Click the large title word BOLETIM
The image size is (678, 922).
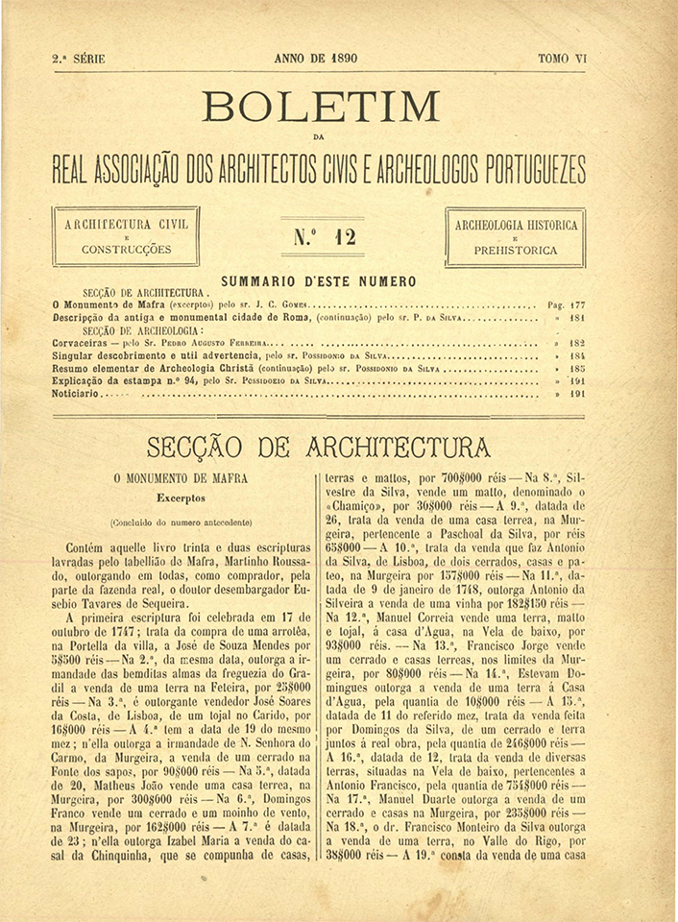click(321, 107)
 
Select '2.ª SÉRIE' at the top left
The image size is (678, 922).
click(79, 59)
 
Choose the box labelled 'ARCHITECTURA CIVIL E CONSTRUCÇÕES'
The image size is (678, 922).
click(126, 236)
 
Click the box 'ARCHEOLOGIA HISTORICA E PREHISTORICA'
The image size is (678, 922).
click(516, 236)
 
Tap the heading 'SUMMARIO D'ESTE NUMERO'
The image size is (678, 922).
click(320, 281)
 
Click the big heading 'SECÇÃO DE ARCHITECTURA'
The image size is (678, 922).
click(318, 448)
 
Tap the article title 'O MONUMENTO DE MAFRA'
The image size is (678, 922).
click(181, 477)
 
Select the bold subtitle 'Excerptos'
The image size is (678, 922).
click(182, 498)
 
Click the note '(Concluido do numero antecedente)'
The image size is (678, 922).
click(182, 522)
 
